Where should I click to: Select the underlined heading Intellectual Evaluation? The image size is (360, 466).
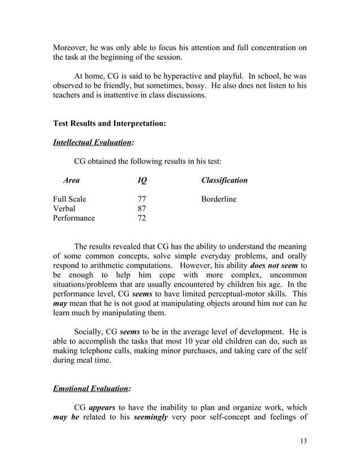[93, 143]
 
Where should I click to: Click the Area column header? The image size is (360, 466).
[72, 181]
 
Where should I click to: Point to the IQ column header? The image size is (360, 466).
[142, 181]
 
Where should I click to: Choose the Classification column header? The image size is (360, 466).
[224, 181]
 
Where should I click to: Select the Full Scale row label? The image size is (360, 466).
[69, 199]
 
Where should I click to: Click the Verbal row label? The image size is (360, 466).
[64, 209]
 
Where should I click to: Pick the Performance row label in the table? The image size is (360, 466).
[74, 218]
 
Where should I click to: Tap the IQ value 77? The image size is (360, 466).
[143, 199]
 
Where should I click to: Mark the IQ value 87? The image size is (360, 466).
[143, 209]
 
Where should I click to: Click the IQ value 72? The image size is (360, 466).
[143, 218]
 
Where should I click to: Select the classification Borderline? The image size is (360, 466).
[219, 199]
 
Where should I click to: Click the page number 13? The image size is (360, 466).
[303, 441]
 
